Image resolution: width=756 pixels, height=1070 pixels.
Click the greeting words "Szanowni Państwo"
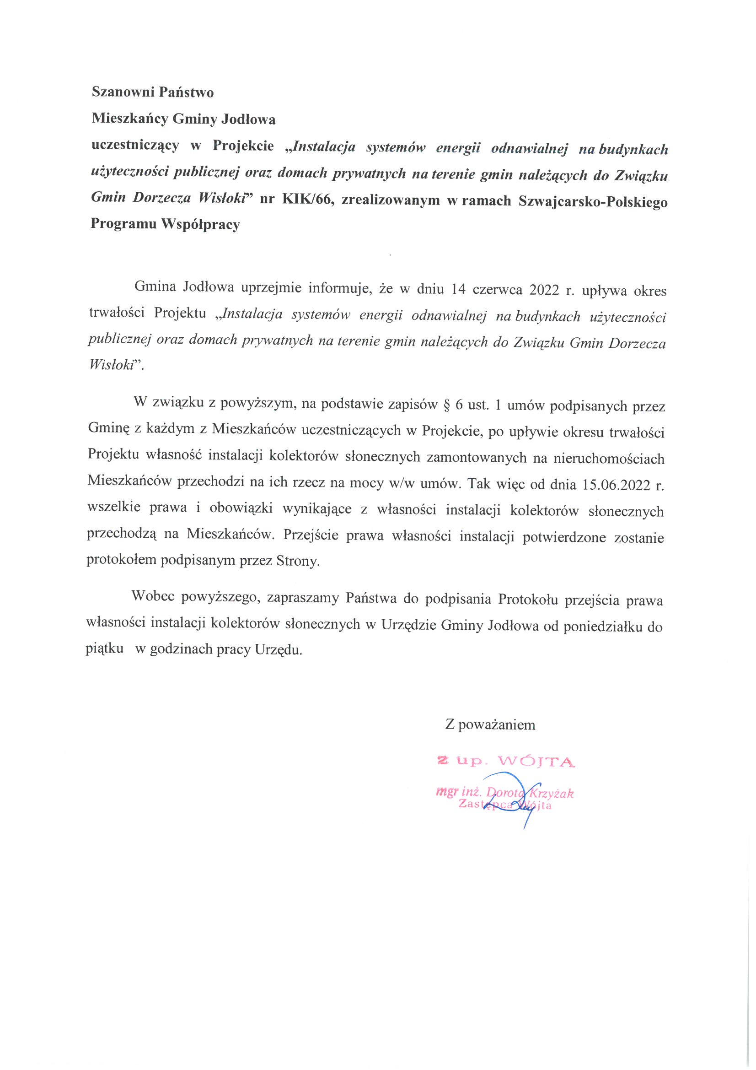[152, 92]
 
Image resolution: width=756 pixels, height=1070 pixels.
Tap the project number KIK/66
[307, 200]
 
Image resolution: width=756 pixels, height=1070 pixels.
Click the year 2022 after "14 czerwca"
[544, 290]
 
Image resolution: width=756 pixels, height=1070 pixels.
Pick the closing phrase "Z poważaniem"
[490, 724]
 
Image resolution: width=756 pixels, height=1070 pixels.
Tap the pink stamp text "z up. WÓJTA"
[506, 762]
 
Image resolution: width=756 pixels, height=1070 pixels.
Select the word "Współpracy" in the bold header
[201, 224]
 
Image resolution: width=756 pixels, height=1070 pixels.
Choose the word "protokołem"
[121, 560]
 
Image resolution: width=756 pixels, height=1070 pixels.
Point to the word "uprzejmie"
[271, 287]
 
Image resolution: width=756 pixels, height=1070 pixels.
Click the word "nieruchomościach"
[608, 459]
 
